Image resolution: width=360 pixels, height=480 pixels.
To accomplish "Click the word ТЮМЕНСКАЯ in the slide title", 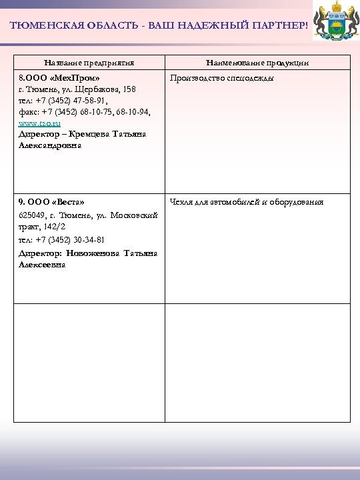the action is coord(41,25).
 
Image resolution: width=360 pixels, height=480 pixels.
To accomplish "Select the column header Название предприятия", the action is coord(89,63).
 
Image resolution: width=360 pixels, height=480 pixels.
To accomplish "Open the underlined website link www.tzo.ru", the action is coord(40,123).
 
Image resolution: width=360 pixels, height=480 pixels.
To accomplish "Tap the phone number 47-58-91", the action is coord(102,101).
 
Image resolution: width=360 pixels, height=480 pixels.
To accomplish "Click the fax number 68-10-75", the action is coord(100,112).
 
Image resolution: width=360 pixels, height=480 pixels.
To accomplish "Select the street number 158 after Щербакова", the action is coord(129,89).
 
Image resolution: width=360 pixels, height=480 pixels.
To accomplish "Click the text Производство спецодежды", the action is coord(213,79).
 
